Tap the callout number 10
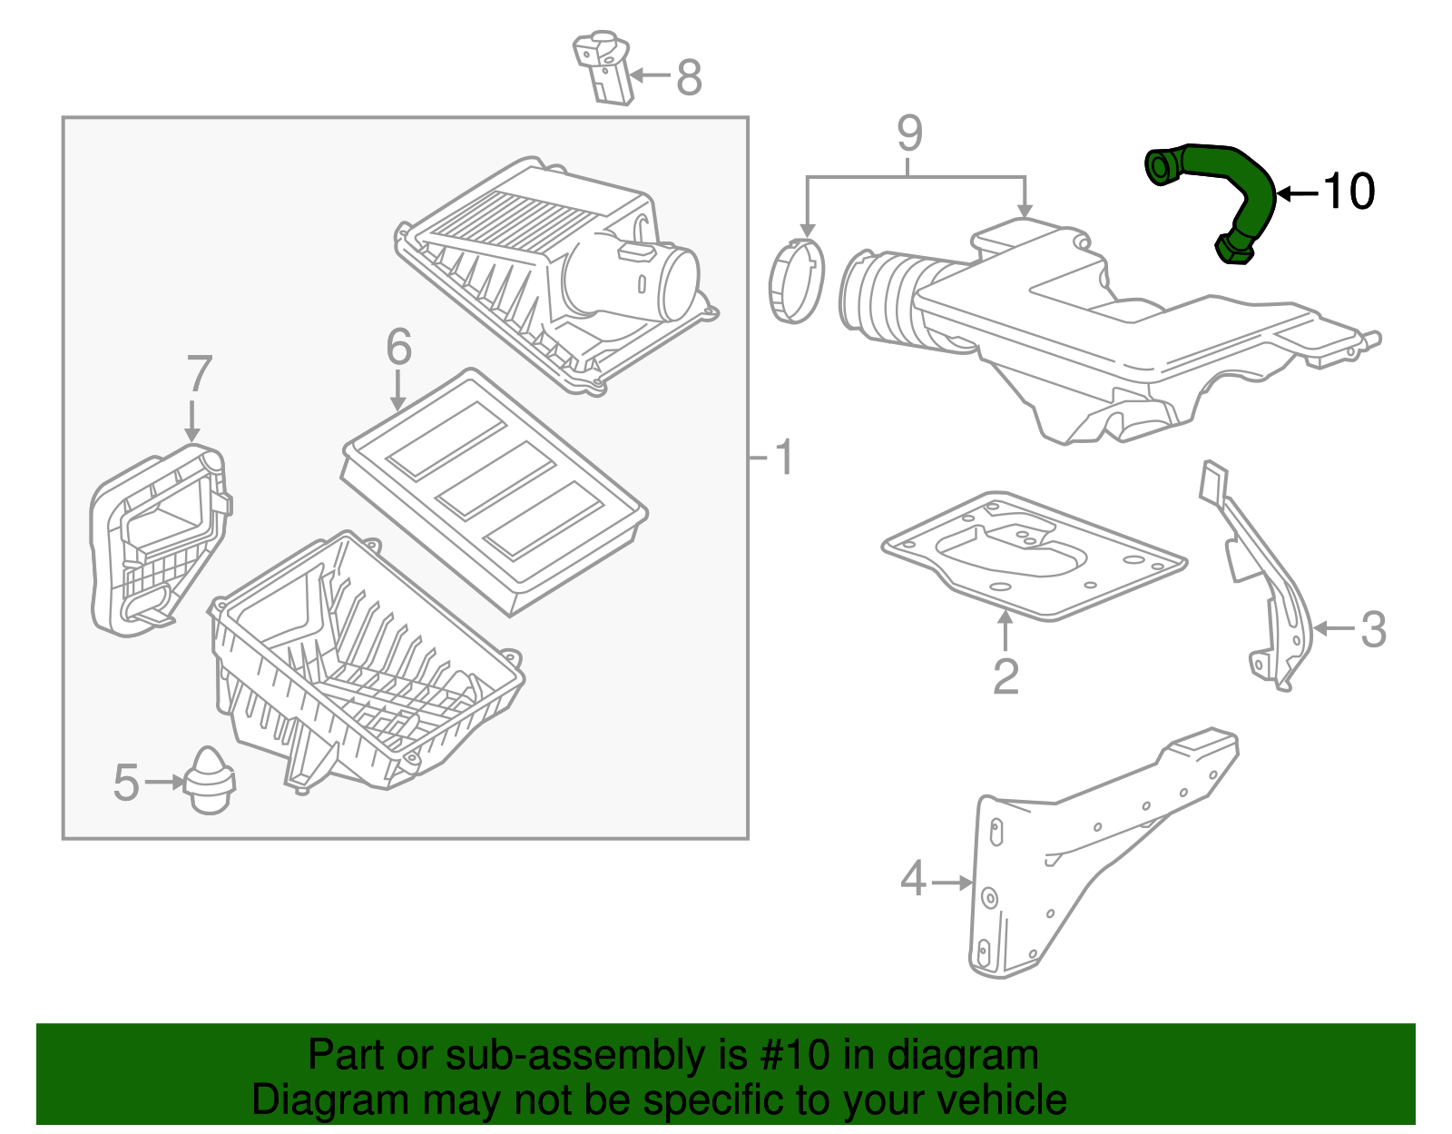[x=1349, y=192]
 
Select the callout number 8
[x=689, y=77]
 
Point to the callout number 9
[x=909, y=134]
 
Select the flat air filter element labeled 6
[x=495, y=491]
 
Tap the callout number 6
[x=398, y=347]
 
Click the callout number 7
[x=199, y=374]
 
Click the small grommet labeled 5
[x=210, y=781]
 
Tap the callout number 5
[x=126, y=783]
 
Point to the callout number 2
[x=1006, y=676]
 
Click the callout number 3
[x=1373, y=629]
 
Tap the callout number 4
[x=913, y=880]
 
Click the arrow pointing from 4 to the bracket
[x=952, y=882]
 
